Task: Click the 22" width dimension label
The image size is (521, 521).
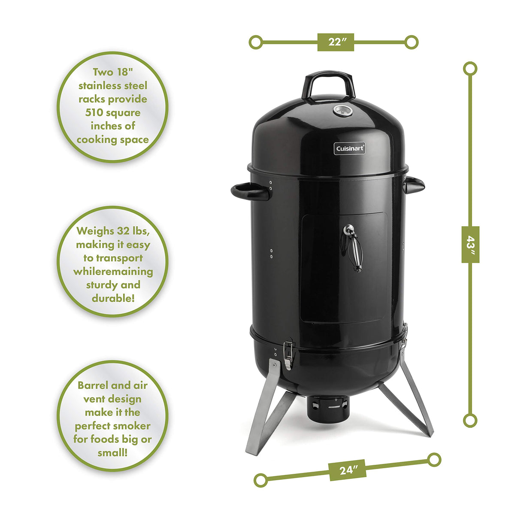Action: [x=336, y=42]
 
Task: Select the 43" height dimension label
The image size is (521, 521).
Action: [x=470, y=244]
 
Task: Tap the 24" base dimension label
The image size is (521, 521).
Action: [x=347, y=470]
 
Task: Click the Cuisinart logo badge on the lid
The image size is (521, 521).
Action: [x=350, y=148]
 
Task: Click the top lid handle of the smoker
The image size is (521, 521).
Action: [x=328, y=83]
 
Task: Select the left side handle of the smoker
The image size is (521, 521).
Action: [x=250, y=191]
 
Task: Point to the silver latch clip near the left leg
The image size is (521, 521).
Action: [x=288, y=354]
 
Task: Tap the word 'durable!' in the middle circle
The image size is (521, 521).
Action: [x=113, y=298]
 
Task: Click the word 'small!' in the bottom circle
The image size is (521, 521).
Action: [x=112, y=452]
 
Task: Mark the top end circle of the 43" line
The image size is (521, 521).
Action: [x=470, y=69]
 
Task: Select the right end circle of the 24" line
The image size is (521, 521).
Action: [x=434, y=460]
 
